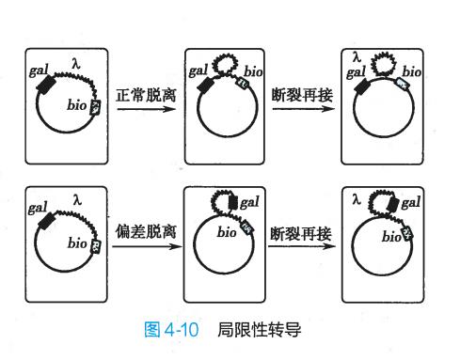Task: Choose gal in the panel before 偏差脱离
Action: [39, 207]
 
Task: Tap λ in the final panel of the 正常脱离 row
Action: [357, 57]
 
